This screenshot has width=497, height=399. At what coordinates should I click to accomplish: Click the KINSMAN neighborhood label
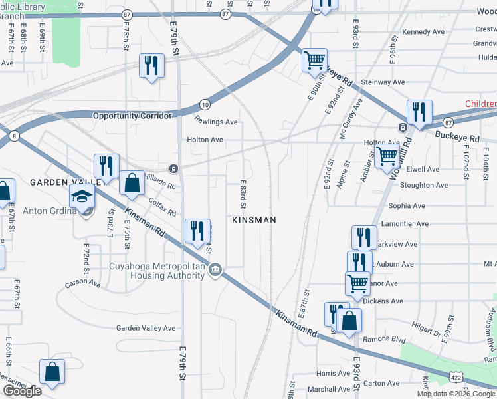click(252, 219)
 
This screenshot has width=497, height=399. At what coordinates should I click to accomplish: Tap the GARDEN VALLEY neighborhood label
click(64, 182)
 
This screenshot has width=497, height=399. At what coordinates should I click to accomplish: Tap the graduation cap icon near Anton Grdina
click(83, 196)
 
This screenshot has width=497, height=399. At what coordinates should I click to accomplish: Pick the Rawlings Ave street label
click(216, 122)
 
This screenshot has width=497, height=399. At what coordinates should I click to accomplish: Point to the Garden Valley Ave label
click(146, 328)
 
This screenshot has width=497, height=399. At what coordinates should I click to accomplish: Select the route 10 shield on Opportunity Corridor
click(205, 104)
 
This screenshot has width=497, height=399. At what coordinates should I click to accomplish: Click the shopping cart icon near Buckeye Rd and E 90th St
click(314, 60)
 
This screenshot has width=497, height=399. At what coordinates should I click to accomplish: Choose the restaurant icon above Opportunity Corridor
click(151, 65)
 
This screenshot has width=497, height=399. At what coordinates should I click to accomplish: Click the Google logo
click(22, 390)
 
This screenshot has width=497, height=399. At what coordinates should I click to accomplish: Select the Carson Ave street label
click(82, 283)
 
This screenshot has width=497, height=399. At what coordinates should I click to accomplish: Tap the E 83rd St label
click(243, 192)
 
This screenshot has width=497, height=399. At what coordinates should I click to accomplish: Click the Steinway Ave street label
click(383, 82)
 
